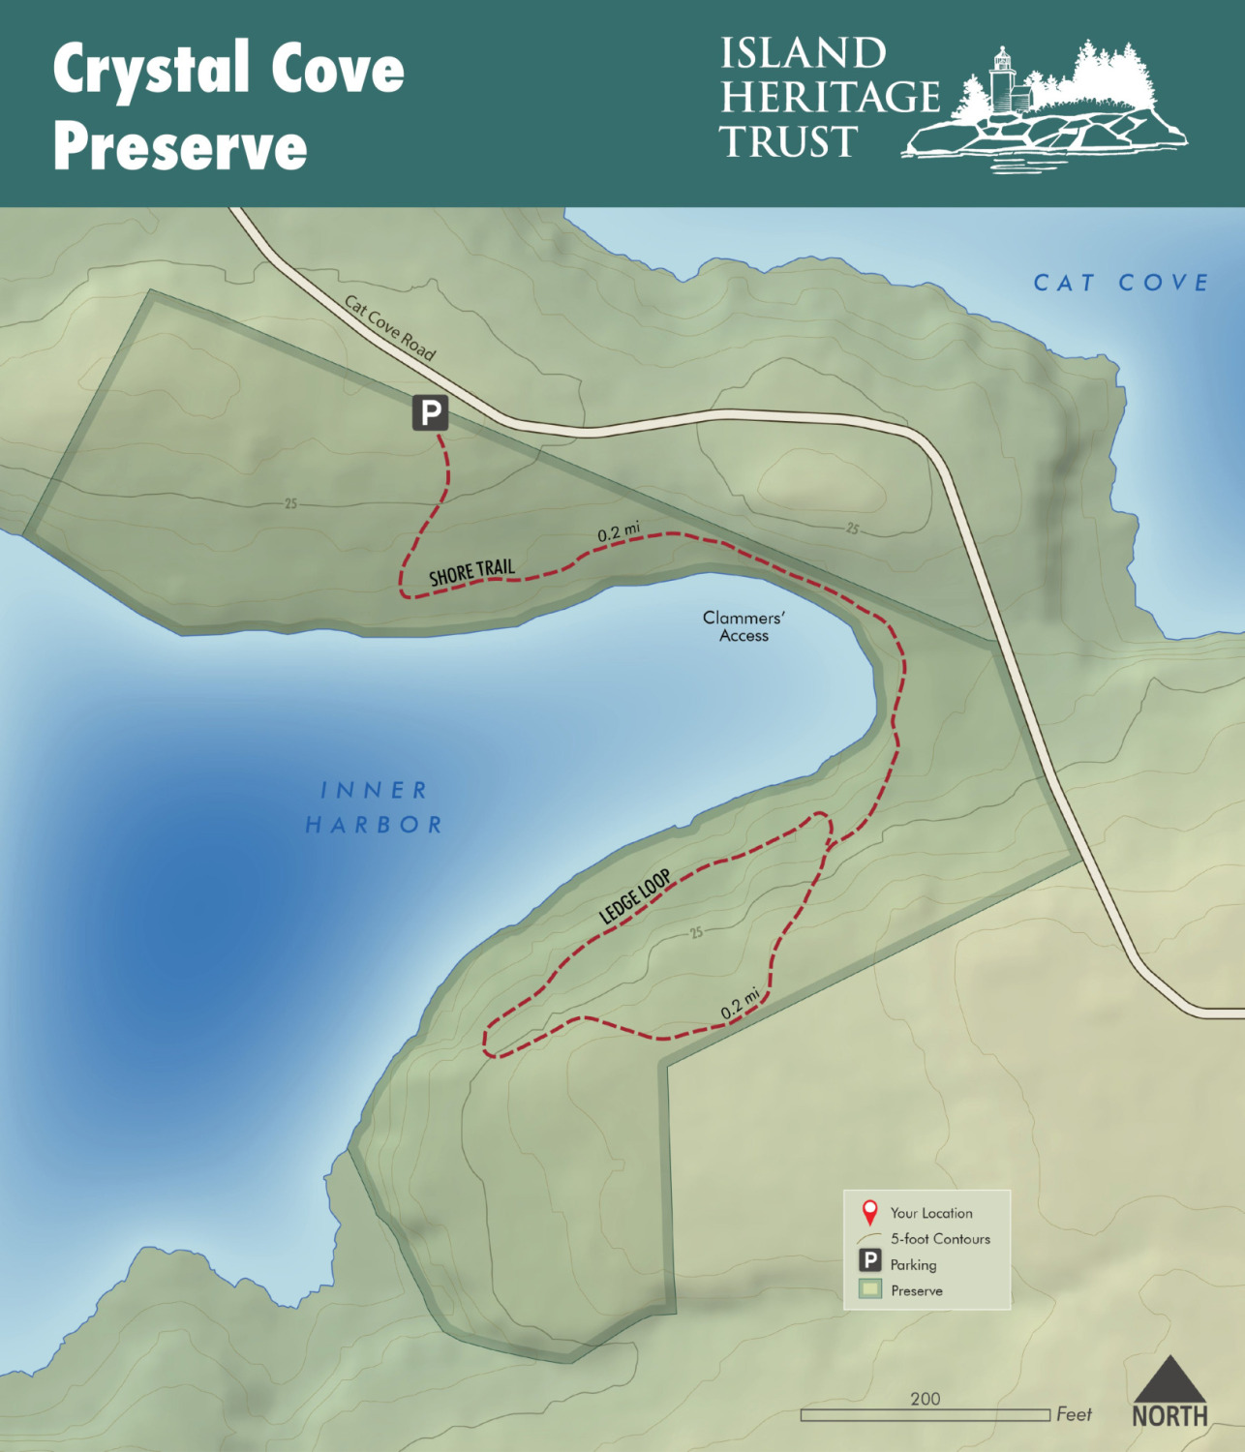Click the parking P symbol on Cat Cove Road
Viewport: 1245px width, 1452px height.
(x=430, y=412)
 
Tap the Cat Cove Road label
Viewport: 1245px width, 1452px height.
(x=390, y=328)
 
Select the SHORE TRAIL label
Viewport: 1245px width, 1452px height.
(x=471, y=572)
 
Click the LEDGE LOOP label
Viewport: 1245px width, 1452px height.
(x=635, y=897)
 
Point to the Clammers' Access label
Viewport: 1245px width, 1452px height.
(x=744, y=626)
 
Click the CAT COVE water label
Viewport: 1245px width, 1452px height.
(x=1121, y=283)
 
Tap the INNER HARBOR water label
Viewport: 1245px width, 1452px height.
(x=374, y=807)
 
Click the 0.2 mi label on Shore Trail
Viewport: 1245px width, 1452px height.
(x=618, y=531)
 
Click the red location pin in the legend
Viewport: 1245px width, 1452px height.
(x=869, y=1212)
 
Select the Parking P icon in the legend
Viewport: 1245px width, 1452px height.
(x=870, y=1261)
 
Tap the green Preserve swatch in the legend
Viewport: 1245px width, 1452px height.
(x=870, y=1288)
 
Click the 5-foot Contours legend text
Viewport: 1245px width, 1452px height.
(x=940, y=1238)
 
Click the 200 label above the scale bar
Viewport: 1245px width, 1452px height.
(x=925, y=1398)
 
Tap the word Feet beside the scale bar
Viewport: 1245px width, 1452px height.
(x=1074, y=1414)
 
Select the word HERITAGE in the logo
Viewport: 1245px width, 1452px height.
(x=830, y=97)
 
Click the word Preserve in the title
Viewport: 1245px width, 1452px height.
(x=180, y=147)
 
